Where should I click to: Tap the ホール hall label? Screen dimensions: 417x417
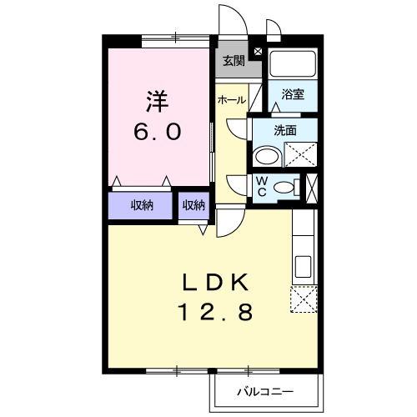(x=231, y=100)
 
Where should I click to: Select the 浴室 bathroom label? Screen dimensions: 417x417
(x=293, y=95)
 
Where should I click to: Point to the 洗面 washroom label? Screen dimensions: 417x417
(x=286, y=130)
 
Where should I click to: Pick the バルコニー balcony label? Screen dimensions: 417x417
(x=264, y=389)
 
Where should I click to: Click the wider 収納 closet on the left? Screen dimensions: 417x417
(x=141, y=205)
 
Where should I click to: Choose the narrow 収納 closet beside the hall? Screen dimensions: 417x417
(x=194, y=205)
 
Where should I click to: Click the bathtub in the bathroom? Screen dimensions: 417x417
(x=293, y=64)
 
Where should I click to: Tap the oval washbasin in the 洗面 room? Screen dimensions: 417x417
(x=268, y=156)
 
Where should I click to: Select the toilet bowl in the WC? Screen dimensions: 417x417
(x=285, y=187)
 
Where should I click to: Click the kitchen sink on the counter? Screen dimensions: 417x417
(x=303, y=266)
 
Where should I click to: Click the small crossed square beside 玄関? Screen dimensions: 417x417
(x=257, y=52)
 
